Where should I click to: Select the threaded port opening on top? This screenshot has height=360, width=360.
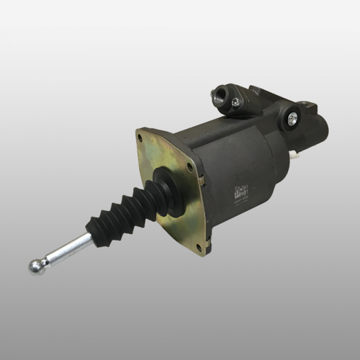(x=220, y=94)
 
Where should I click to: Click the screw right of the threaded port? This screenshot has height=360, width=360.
(x=235, y=102)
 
